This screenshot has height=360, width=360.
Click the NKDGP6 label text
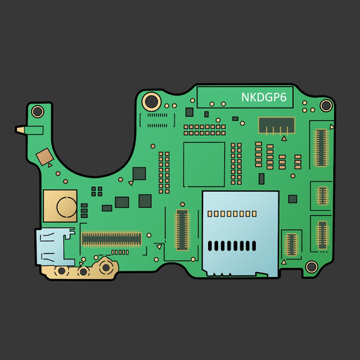[264, 97]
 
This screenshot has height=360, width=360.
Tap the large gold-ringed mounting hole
[152, 101]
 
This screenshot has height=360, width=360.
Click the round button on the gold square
[67, 207]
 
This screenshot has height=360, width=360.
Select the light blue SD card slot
[240, 233]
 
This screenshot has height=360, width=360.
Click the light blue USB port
[55, 246]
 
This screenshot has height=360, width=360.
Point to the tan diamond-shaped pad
[44, 157]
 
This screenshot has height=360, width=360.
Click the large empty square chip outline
[204, 165]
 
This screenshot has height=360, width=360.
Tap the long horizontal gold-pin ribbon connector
[112, 239]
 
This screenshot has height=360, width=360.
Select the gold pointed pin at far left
[20, 130]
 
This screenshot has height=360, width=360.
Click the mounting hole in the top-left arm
[37, 112]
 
